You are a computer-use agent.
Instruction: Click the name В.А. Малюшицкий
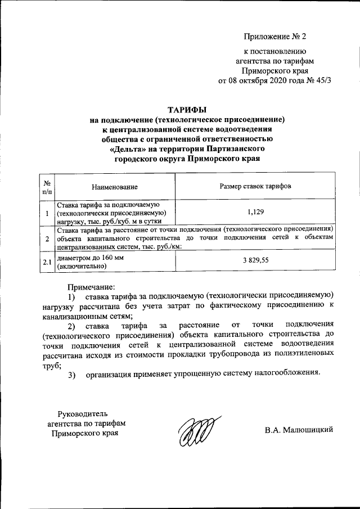299,430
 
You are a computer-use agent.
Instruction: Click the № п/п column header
47,186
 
